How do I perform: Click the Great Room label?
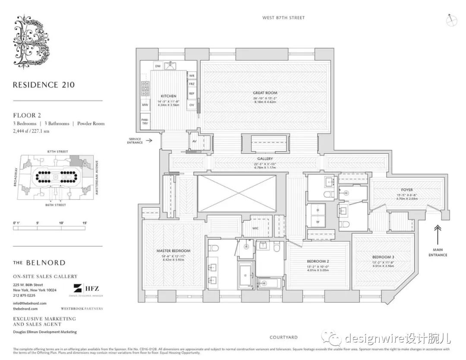[265, 93]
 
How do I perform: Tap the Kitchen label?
[168, 96]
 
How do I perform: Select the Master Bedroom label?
[173, 251]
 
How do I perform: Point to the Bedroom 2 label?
[318, 261]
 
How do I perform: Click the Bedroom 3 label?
[383, 257]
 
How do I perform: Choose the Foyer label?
[406, 190]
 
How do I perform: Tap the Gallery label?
[265, 159]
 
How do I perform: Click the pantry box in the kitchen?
[145, 121]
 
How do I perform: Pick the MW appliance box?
[145, 105]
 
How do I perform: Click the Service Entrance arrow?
[149, 140]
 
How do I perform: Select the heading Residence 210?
[44, 85]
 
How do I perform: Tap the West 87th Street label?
[283, 18]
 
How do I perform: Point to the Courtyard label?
[283, 338]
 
